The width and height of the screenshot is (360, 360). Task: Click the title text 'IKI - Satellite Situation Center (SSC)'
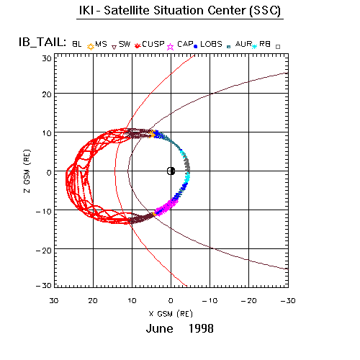tap(180, 11)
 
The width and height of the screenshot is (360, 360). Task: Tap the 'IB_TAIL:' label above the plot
tap(42, 42)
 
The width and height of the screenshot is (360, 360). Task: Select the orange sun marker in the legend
tap(91, 47)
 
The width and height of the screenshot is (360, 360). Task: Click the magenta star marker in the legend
tap(170, 47)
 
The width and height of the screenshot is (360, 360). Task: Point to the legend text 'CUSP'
tap(153, 44)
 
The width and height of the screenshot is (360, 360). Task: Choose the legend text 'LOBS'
tap(211, 44)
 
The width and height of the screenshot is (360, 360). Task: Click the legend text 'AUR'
tap(243, 44)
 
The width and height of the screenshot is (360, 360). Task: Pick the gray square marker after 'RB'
tap(278, 47)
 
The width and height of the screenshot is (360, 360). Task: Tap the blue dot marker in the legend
tap(196, 47)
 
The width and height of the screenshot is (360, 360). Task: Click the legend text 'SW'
tap(125, 44)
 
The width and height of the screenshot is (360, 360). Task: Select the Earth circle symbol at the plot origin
tap(171, 171)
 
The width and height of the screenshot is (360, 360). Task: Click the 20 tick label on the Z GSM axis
tap(47, 94)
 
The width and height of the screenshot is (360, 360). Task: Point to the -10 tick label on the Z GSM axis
tap(44, 212)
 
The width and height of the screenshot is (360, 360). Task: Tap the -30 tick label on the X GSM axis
tap(288, 301)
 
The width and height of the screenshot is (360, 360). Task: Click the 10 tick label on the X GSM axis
tap(132, 301)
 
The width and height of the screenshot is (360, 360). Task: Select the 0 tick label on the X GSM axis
tap(171, 301)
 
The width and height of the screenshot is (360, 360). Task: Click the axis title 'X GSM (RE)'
tap(171, 314)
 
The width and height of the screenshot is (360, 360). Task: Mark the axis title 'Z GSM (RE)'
tap(27, 171)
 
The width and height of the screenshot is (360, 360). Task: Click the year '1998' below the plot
tap(201, 328)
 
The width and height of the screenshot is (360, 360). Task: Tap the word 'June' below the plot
tap(160, 328)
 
